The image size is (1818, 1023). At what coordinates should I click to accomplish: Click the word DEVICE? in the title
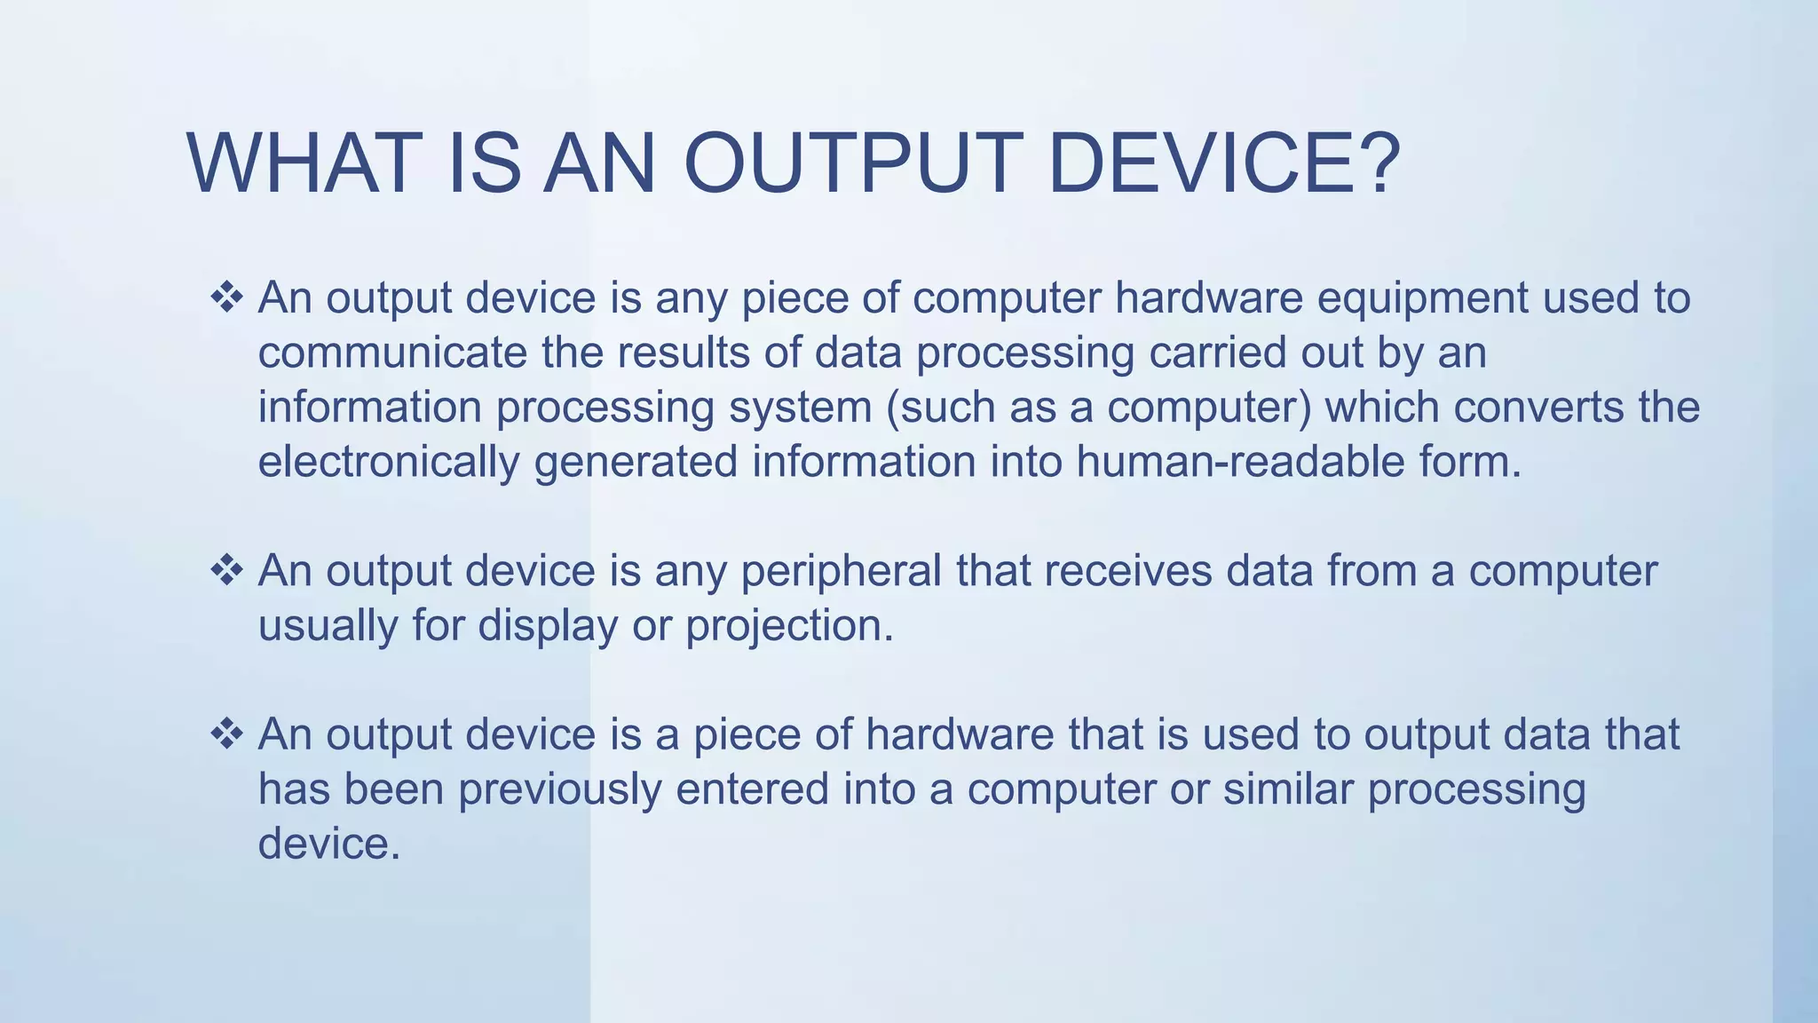[1224, 163]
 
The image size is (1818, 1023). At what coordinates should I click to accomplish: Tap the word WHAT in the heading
[304, 163]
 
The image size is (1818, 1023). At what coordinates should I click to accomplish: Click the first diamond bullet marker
[227, 297]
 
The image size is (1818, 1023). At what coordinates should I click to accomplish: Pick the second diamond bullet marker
[227, 570]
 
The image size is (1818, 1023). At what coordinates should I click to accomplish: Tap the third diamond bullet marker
[227, 734]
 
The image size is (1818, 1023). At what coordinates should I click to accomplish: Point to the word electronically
[388, 463]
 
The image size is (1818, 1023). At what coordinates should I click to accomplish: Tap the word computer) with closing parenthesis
[1209, 408]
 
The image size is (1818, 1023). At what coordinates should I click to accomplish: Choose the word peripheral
[841, 571]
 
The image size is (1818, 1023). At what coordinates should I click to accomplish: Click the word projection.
[789, 627]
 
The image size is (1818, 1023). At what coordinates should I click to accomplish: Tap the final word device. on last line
[329, 844]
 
